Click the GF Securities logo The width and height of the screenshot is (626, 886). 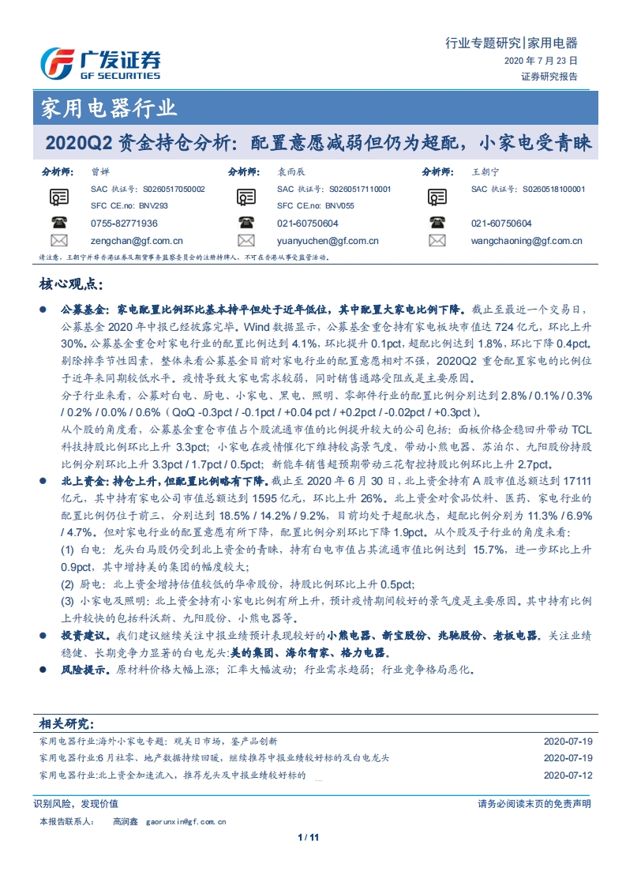coord(101,62)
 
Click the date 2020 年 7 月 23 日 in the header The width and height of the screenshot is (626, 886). coord(541,60)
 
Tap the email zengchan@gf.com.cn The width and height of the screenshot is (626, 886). coord(137,241)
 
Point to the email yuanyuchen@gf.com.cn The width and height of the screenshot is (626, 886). coord(328,241)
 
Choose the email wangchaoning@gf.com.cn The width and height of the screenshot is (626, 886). coord(527,241)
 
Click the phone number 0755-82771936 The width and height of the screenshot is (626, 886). coord(124,223)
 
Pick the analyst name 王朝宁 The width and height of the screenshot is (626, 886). coord(485,171)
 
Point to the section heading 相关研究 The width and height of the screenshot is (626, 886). coord(67,723)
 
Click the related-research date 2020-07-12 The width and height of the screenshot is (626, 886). coord(567,775)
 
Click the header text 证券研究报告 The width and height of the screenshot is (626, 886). coord(549,77)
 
